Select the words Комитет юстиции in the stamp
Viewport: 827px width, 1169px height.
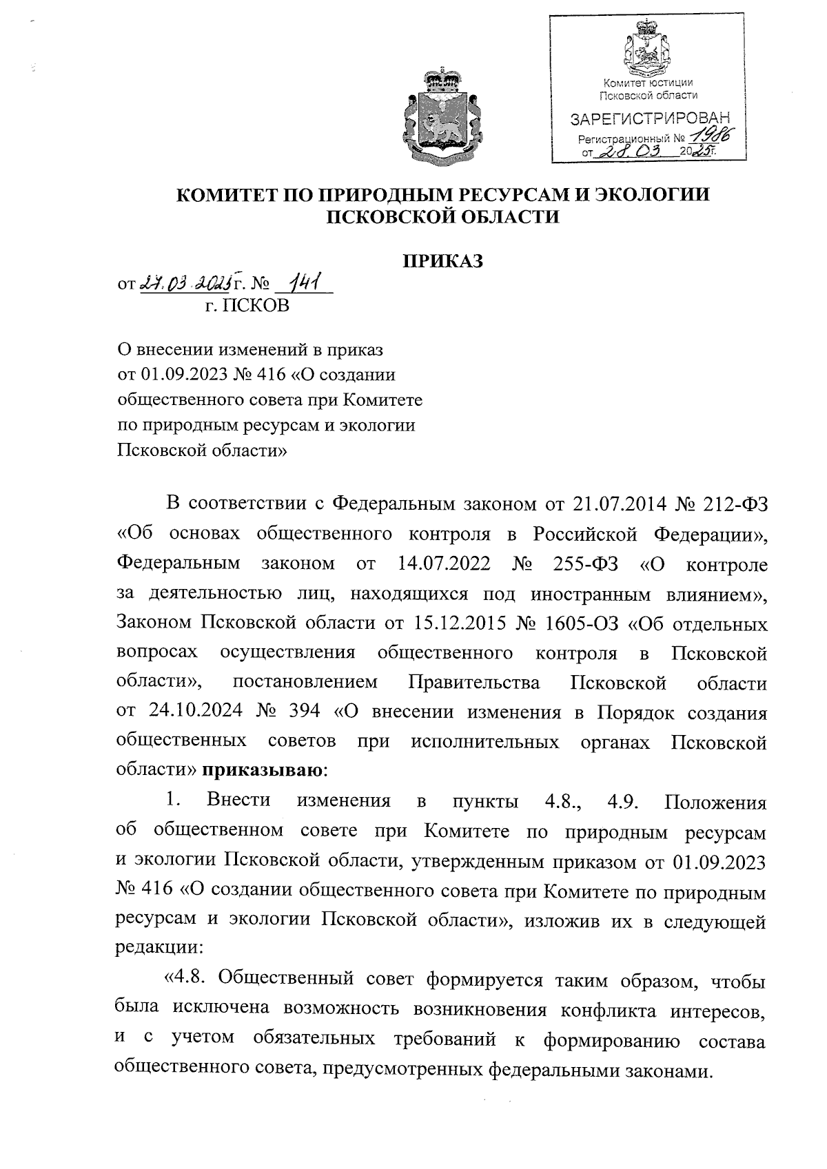click(x=648, y=83)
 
